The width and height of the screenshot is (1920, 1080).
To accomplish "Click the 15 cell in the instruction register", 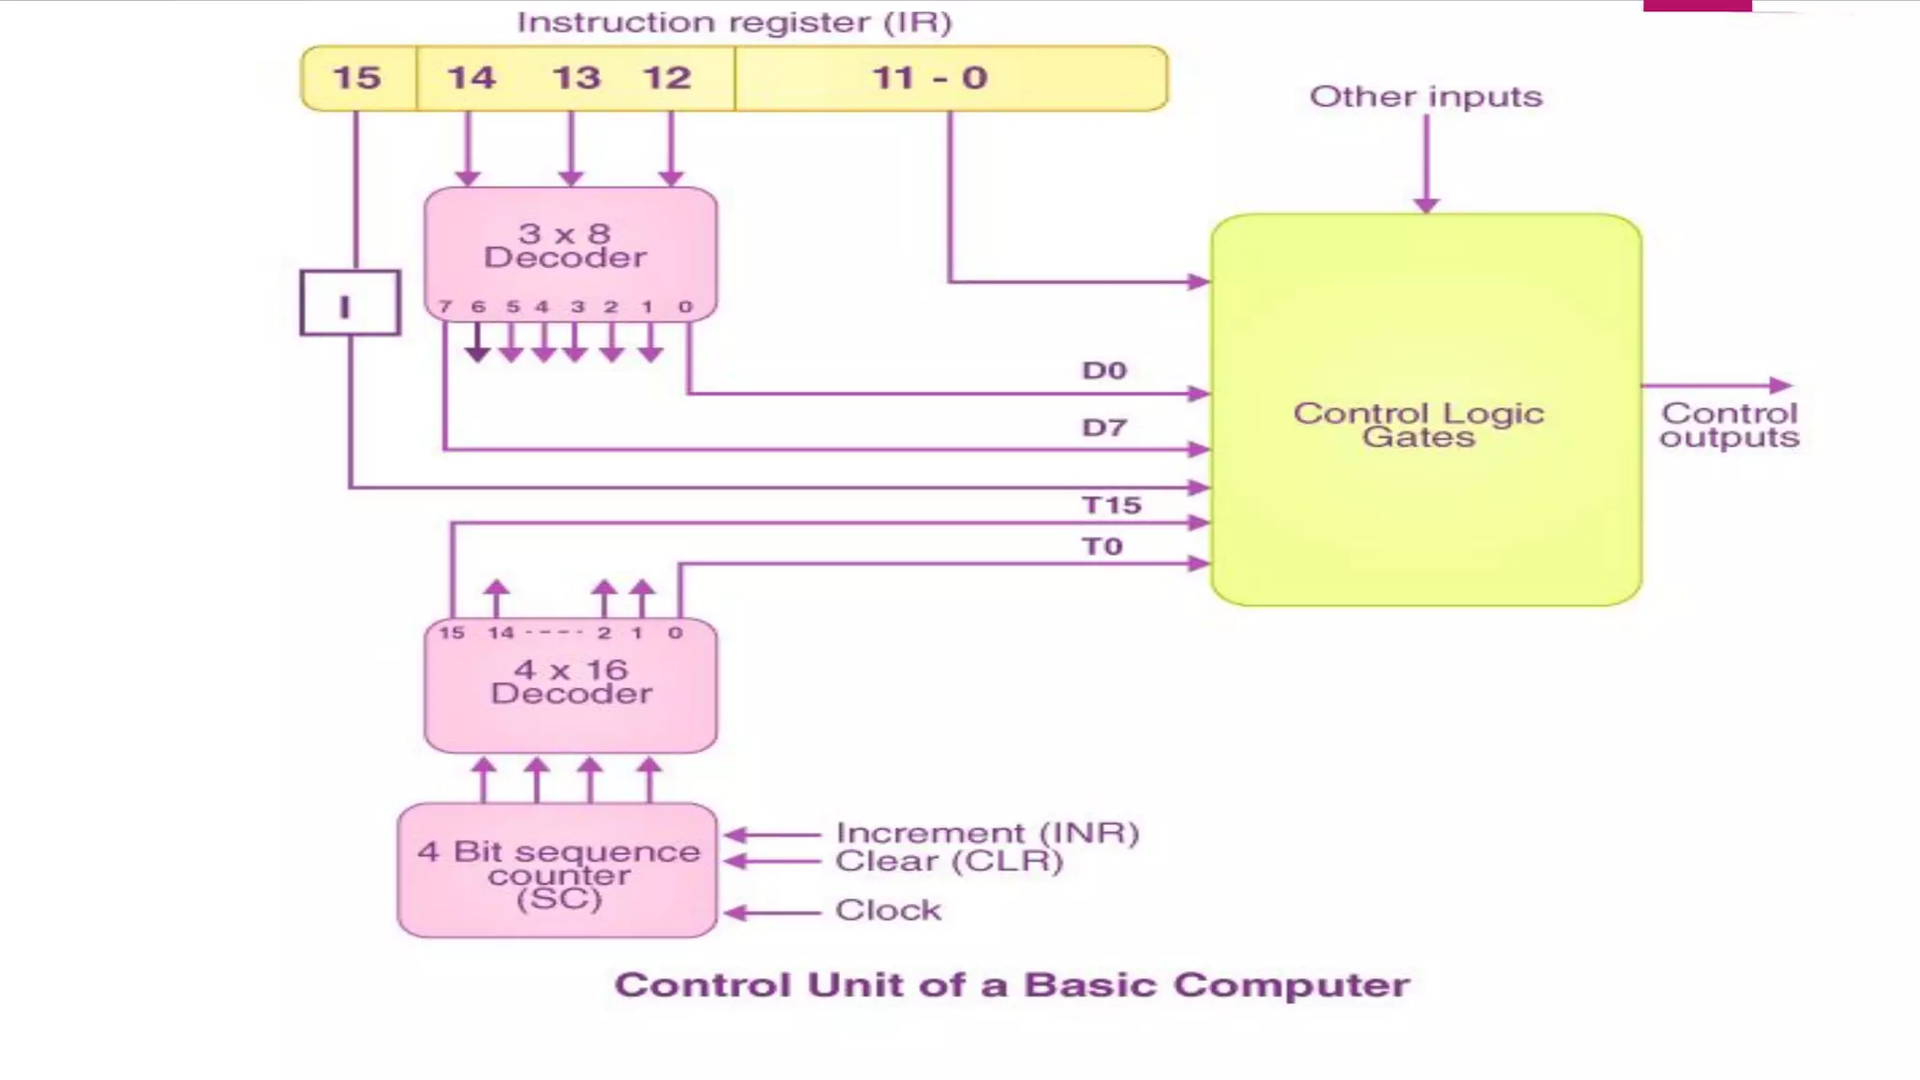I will click(357, 78).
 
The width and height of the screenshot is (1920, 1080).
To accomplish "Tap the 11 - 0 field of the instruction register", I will click(930, 78).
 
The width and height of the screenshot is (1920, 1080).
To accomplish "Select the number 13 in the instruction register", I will click(575, 78).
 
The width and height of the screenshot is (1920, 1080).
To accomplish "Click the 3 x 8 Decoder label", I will click(565, 246).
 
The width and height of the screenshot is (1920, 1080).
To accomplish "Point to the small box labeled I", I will click(350, 304).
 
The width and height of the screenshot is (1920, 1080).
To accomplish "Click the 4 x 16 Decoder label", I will click(571, 682).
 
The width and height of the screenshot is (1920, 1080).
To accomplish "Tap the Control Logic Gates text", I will click(1418, 425).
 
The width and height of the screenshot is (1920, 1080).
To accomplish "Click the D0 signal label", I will click(1103, 371).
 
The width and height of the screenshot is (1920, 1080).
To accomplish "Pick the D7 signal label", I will click(1103, 428).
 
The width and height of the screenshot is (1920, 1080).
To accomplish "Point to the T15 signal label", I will click(1112, 505).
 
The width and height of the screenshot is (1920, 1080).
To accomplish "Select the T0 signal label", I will click(1102, 547).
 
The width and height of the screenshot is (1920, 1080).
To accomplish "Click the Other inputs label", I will click(1425, 97).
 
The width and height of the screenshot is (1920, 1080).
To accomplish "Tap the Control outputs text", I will click(1729, 426).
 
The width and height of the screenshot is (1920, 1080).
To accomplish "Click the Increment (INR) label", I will click(987, 832).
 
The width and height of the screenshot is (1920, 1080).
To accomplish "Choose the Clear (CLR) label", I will click(949, 861).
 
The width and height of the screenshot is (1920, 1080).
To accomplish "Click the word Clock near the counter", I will click(888, 910).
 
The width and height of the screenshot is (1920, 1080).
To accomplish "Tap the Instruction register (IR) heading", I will click(734, 22).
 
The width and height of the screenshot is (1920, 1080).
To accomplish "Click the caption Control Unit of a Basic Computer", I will click(1012, 985).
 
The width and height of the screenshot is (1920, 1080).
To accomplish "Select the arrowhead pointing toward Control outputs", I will click(1780, 385).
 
